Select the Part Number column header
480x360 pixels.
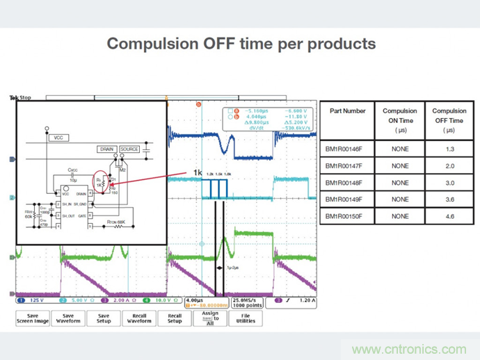348,111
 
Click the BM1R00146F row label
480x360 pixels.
348,148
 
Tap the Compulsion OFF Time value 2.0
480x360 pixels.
449,166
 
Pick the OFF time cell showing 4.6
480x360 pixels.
449,216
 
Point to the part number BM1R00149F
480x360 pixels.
348,199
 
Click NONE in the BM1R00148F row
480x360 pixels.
400,183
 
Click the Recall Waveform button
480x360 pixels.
139,318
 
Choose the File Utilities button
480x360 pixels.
246,318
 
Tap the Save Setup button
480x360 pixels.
104,318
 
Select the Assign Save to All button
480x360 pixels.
210,318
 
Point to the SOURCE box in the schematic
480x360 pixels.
129,149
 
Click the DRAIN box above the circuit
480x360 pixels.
106,149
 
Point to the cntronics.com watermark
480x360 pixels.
409,349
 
